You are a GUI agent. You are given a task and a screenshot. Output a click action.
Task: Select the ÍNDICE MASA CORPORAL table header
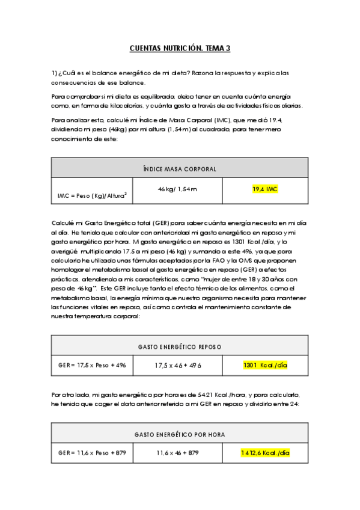(180, 169)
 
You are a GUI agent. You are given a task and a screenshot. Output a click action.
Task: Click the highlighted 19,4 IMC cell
(265, 189)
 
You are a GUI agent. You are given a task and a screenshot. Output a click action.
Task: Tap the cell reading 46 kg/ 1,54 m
(177, 189)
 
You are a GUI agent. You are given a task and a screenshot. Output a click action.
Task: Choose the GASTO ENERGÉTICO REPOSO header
(180, 346)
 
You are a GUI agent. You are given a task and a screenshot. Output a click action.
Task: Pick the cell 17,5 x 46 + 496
(177, 365)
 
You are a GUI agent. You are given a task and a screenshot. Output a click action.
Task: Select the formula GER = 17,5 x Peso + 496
(92, 365)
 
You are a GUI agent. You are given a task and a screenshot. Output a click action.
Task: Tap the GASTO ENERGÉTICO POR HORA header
(180, 434)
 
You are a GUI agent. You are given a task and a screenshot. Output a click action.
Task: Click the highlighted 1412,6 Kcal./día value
(265, 452)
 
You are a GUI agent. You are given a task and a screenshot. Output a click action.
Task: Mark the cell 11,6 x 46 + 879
(177, 452)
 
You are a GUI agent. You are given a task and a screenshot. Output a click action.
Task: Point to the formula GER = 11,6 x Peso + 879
(92, 452)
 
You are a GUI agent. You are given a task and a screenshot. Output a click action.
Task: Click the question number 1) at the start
(54, 73)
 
